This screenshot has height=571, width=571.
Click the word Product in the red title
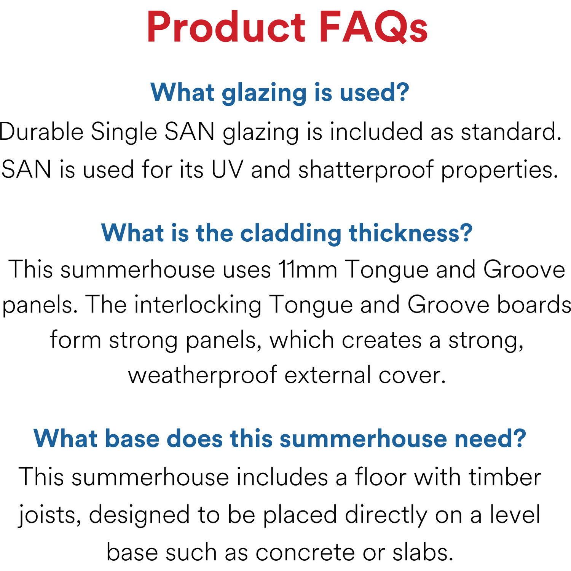[226, 27]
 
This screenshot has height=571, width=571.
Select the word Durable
[41, 132]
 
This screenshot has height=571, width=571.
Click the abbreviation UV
[227, 169]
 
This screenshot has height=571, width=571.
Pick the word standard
[511, 132]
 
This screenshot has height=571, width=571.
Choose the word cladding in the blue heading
[291, 233]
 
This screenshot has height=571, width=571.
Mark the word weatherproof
[203, 375]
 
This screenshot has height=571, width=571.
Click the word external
[328, 375]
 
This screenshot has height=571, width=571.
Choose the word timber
[505, 477]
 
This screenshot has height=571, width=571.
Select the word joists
[50, 515]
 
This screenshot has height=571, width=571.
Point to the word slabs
[423, 552]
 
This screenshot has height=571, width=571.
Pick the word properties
[499, 169]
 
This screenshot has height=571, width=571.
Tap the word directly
[386, 515]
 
